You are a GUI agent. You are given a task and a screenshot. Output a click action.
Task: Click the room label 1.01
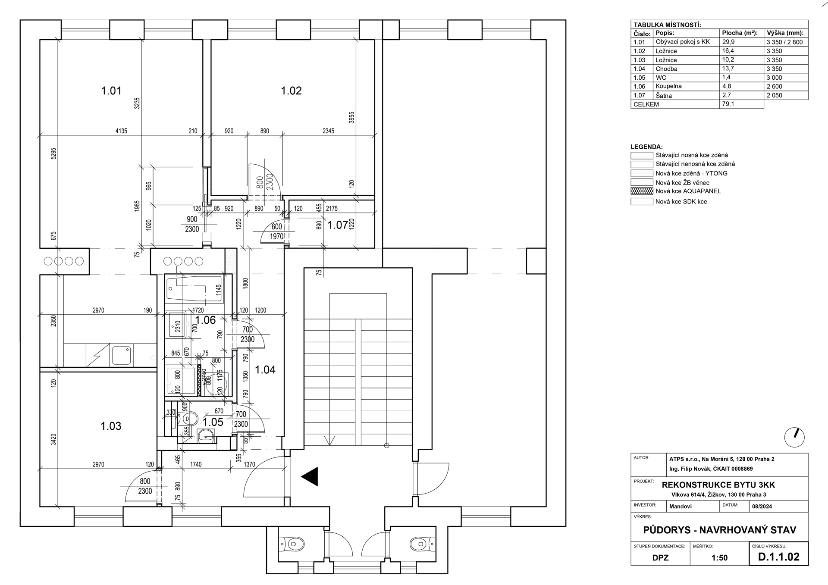(111, 91)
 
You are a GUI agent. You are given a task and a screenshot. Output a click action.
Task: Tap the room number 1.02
(291, 91)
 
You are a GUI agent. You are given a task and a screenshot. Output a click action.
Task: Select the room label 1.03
(111, 426)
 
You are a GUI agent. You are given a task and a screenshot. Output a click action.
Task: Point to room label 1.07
(338, 225)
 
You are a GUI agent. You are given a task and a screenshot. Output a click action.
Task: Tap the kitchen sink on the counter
(121, 355)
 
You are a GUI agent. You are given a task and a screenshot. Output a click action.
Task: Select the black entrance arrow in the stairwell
(310, 477)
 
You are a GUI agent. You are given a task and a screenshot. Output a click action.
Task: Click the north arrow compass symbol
(794, 438)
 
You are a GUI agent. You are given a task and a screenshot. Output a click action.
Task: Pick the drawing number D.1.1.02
(778, 557)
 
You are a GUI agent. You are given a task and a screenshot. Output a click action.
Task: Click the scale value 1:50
(719, 558)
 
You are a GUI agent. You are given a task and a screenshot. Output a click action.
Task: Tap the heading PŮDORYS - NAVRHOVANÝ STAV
(719, 530)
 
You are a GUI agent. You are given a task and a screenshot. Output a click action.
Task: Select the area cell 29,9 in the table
(728, 42)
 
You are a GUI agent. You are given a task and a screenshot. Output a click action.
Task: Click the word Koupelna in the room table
(668, 86)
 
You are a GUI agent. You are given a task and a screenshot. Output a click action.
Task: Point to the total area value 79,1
(728, 104)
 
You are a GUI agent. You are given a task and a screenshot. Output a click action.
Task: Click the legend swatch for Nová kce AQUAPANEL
(642, 191)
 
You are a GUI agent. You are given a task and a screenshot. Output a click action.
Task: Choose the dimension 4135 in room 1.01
(121, 131)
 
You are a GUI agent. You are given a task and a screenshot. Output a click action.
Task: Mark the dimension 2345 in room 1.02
(328, 131)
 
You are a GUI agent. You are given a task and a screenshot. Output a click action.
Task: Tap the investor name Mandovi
(680, 507)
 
